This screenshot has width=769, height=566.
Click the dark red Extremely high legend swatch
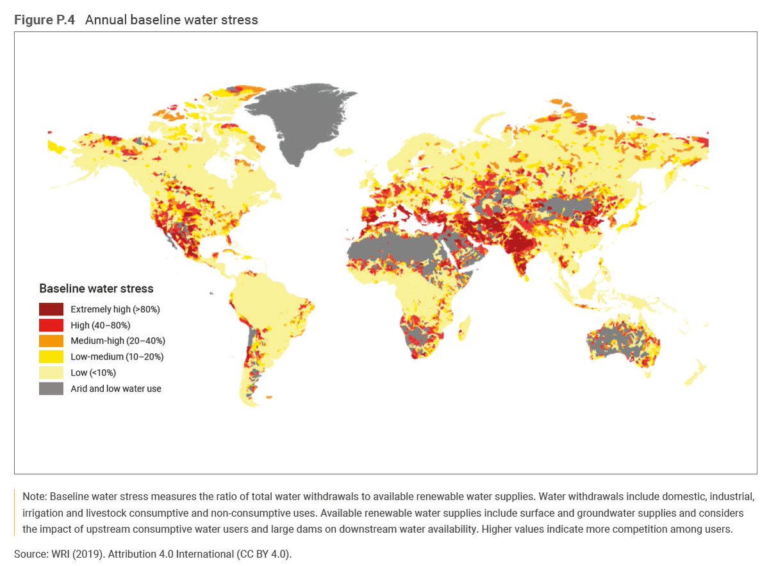(x=51, y=309)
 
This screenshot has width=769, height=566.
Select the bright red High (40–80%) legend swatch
(x=51, y=325)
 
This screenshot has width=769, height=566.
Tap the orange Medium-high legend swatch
(x=51, y=340)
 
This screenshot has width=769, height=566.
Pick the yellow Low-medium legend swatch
(x=51, y=356)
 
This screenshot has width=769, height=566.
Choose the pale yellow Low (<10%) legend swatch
(x=51, y=372)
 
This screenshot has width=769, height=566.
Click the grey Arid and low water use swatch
(x=51, y=388)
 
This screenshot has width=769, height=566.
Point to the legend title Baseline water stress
(x=96, y=288)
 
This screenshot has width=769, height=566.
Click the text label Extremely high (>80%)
(x=115, y=309)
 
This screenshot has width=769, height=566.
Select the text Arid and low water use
(x=116, y=388)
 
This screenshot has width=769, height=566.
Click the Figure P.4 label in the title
(x=44, y=20)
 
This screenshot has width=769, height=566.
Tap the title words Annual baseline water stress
(x=171, y=20)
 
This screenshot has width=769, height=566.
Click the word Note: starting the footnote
(x=35, y=497)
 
